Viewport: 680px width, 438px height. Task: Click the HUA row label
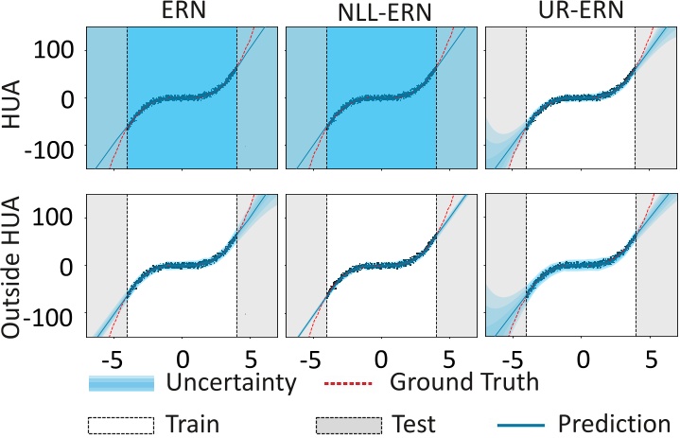tap(12, 97)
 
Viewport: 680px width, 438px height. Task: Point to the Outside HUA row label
tap(12, 266)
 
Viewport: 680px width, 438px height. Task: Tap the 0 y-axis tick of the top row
tap(70, 97)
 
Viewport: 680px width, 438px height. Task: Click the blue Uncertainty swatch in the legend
tap(120, 383)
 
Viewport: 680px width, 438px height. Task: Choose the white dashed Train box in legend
tap(120, 423)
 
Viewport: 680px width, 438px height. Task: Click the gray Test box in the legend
tap(350, 423)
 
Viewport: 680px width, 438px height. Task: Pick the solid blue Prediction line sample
tap(514, 424)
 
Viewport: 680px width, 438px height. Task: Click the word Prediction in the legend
tap(614, 422)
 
